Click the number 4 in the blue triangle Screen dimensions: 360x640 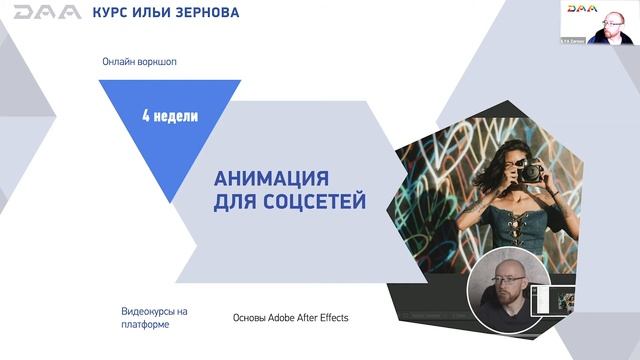click(146, 116)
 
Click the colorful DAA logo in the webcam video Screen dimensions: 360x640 click(581, 9)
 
